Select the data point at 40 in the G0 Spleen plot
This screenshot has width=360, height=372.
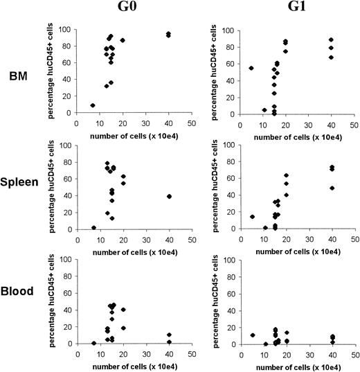[169, 196]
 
